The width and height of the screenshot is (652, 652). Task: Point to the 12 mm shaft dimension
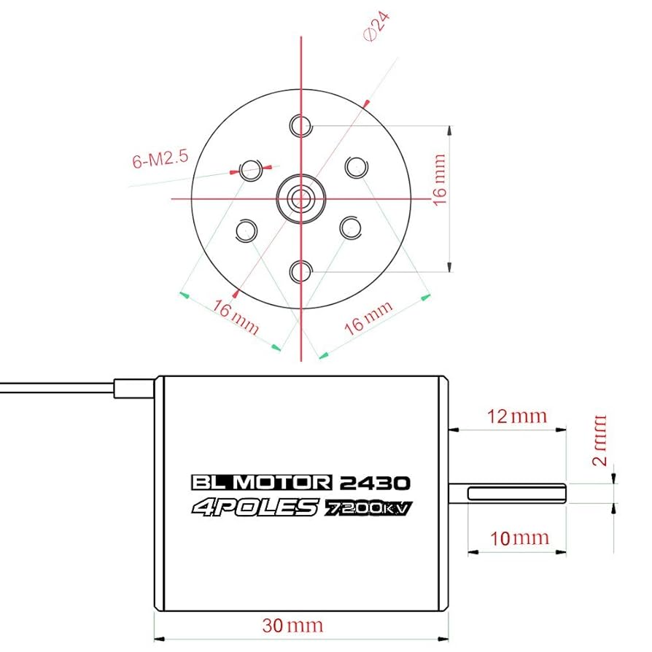(517, 416)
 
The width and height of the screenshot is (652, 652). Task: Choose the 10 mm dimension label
(519, 538)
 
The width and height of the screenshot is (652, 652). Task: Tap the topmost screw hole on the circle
(300, 125)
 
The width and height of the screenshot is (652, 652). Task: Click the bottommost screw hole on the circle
(300, 271)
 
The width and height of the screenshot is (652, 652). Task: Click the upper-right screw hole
(355, 167)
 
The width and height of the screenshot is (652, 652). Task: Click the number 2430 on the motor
(375, 483)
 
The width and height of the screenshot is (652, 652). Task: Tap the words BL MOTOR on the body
(261, 483)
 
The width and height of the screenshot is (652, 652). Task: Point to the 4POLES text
(255, 508)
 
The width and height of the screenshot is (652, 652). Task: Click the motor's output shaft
(511, 494)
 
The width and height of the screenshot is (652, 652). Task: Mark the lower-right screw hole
(352, 227)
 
